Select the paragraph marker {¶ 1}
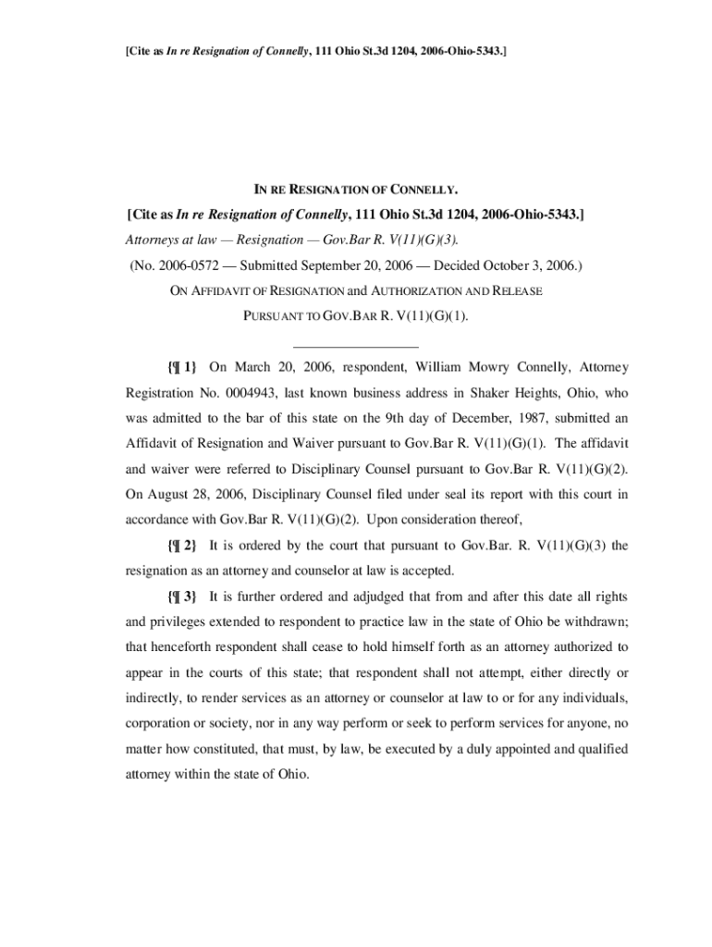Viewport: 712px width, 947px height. coord(183,367)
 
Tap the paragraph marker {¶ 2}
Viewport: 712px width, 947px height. coord(183,545)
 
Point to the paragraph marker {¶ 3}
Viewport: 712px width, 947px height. coord(183,596)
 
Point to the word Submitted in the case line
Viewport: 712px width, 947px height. coord(271,266)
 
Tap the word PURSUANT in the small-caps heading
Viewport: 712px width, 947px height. coord(275,316)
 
